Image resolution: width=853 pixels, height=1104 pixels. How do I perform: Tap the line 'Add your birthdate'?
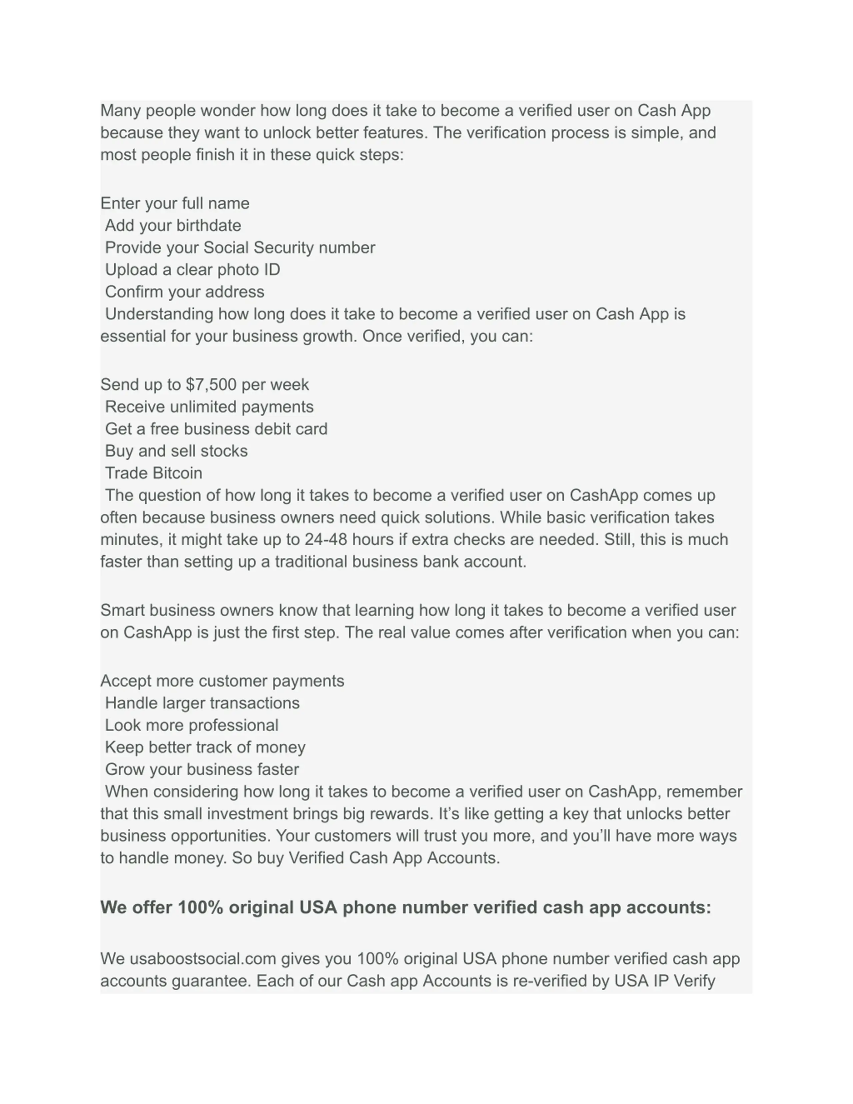pos(173,226)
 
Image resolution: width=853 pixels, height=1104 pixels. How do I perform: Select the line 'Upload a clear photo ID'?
pos(192,270)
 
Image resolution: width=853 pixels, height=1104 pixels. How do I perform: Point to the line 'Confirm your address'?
pos(185,292)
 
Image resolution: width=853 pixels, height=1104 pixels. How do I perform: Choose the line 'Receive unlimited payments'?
pos(209,407)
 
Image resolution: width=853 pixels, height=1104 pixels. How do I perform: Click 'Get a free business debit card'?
pos(216,429)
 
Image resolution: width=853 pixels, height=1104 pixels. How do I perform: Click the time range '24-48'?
pos(326,540)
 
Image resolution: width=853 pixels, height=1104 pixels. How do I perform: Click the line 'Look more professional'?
pos(192,725)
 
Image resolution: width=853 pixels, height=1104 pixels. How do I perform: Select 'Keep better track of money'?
pos(205,748)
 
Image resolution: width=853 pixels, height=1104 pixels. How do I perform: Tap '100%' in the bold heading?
pos(200,907)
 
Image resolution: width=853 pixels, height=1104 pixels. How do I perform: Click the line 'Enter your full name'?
pos(175,203)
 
